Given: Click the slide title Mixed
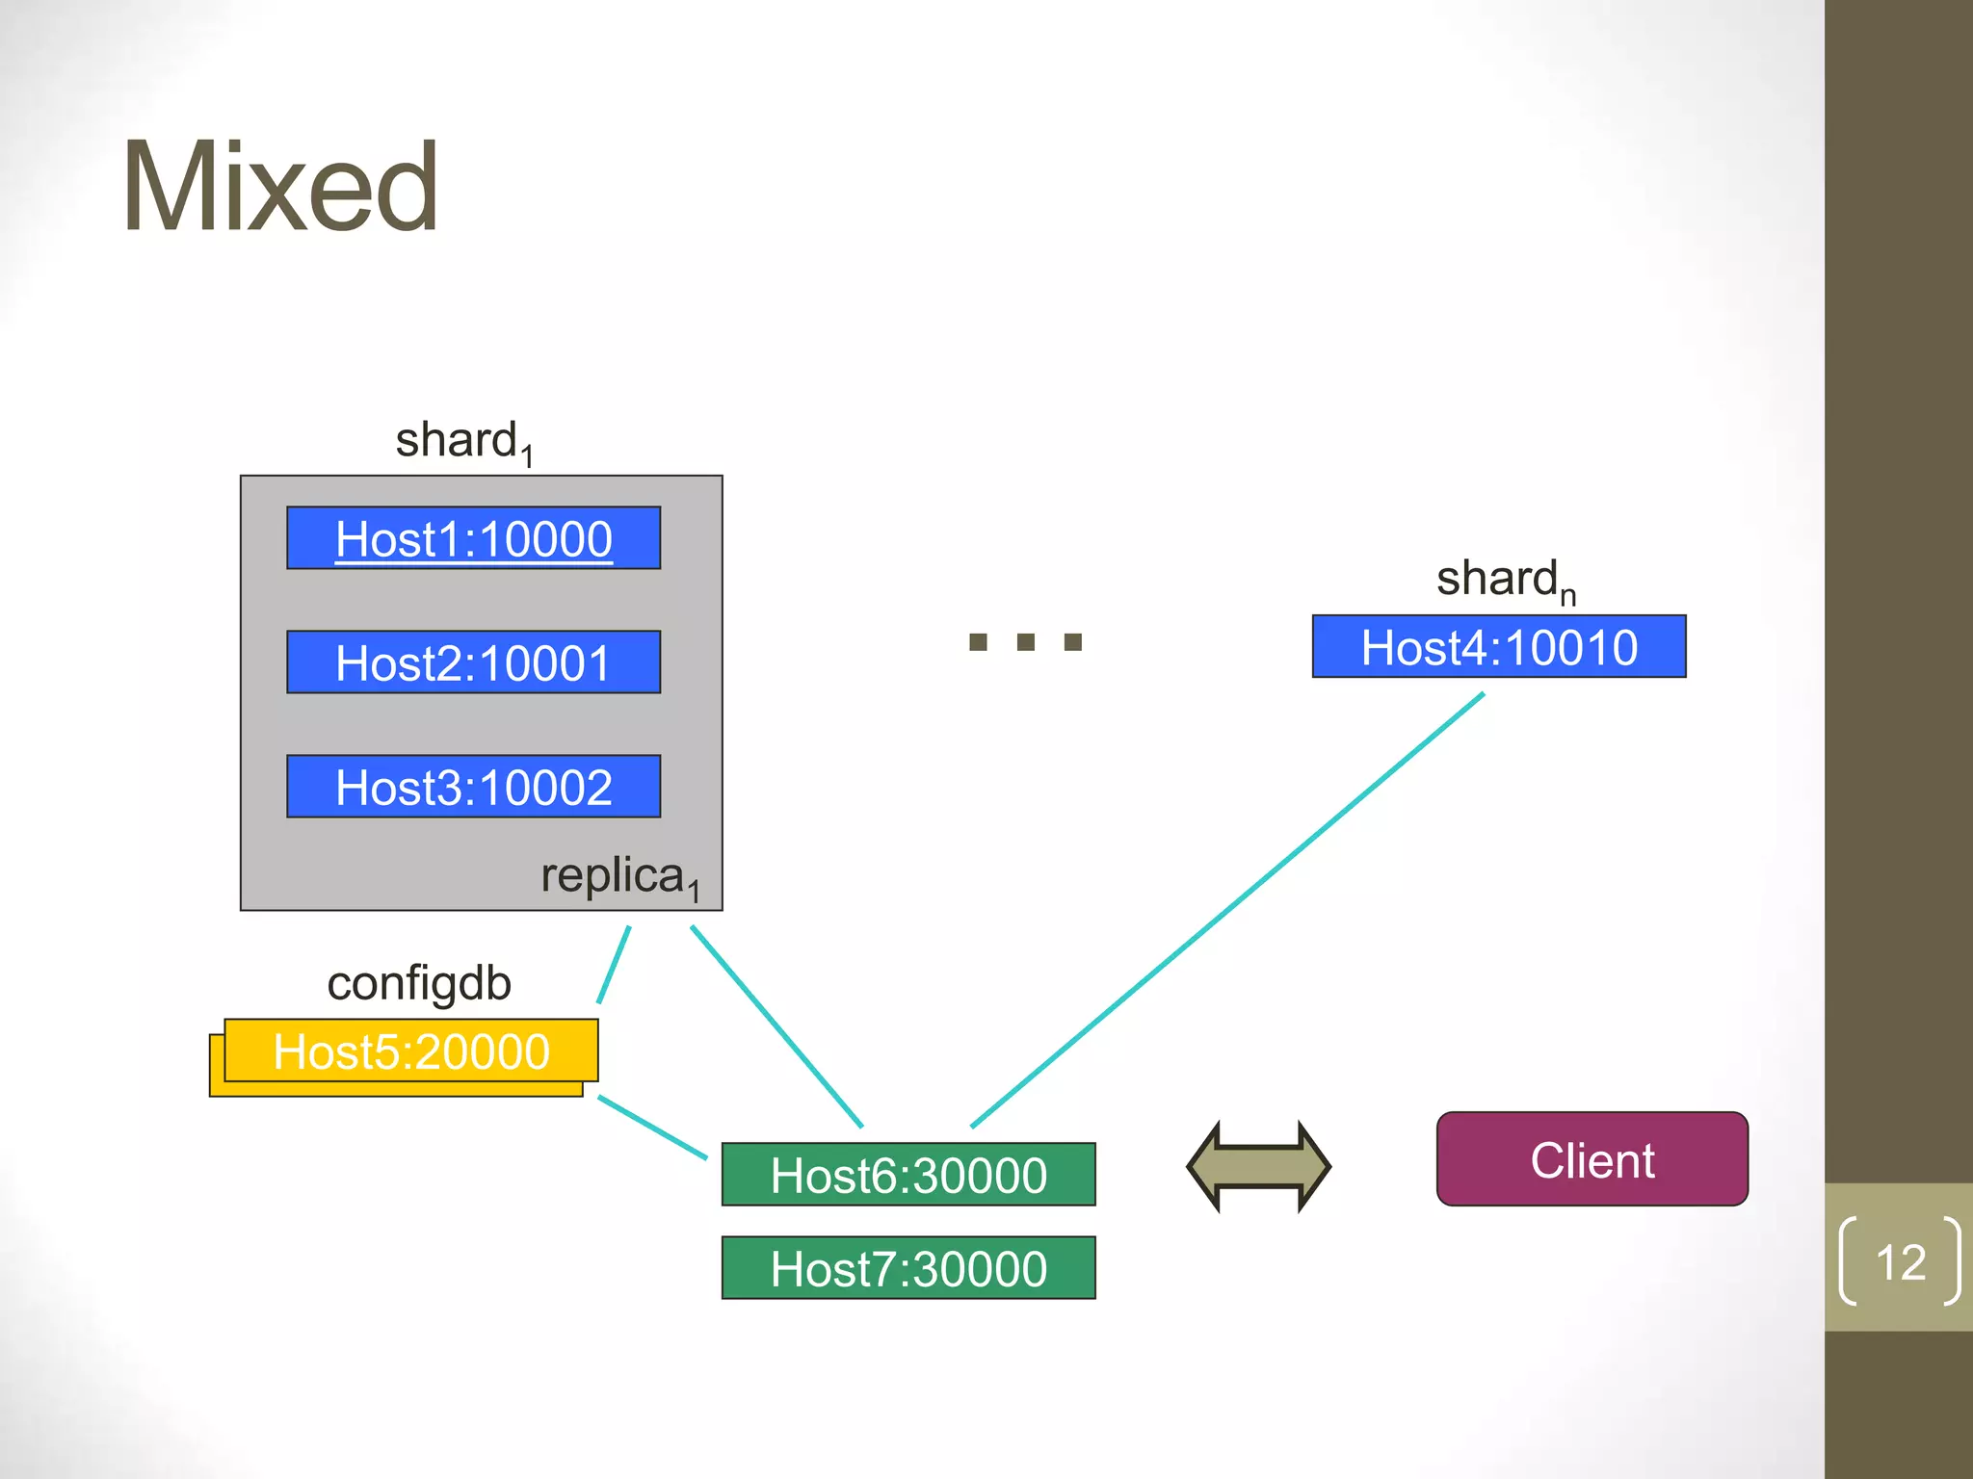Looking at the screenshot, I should [279, 187].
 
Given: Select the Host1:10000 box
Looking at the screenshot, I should [473, 538].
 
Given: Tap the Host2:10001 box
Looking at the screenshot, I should [473, 662].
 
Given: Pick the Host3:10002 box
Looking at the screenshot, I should [473, 787].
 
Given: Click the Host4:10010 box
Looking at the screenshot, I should [1498, 647].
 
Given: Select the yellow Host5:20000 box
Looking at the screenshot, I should [411, 1051].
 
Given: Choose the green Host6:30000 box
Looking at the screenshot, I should [908, 1175].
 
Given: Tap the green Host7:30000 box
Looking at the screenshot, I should [908, 1268].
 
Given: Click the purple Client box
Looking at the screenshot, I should [1592, 1159].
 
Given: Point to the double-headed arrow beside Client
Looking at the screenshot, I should [1258, 1166].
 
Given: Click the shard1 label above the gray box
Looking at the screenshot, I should [463, 442].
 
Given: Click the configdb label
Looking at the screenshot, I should [419, 983].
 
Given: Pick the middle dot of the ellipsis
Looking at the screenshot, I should [1026, 642].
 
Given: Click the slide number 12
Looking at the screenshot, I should [1900, 1261].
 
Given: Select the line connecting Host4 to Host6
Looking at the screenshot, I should [1228, 909].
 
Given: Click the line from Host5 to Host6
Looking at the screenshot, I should [652, 1127].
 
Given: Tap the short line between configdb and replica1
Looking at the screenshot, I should [614, 965].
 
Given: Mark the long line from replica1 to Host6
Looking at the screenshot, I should [776, 1026].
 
